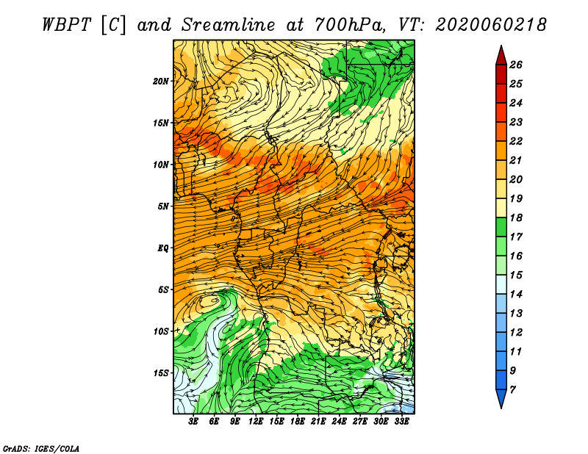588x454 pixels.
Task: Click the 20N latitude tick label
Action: tap(161, 82)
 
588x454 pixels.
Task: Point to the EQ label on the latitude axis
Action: tap(163, 248)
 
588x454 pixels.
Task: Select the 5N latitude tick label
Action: tap(163, 206)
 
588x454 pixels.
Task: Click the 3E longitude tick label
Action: tap(193, 422)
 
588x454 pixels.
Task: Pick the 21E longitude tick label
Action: tap(318, 422)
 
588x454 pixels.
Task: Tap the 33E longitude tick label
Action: tap(401, 422)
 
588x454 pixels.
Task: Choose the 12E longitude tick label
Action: tap(255, 422)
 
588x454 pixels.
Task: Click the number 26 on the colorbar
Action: tap(516, 65)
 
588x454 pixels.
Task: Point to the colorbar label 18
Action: tap(516, 217)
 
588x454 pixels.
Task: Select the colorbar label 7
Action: tap(512, 390)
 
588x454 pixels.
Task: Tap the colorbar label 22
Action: tap(516, 141)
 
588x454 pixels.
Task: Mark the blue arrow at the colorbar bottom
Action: tap(501, 397)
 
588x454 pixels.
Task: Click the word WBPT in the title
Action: tap(67, 25)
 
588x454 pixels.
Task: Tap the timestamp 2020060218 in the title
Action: tap(490, 25)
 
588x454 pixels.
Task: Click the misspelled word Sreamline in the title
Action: tap(228, 25)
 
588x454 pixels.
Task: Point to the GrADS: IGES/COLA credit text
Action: tap(41, 449)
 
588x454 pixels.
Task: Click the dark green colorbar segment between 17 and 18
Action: tap(501, 227)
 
